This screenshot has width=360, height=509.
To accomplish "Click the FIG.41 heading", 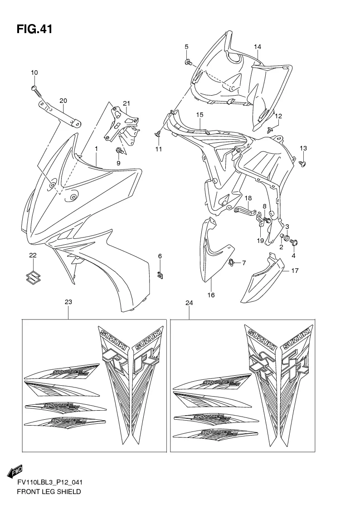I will pyautogui.click(x=34, y=29).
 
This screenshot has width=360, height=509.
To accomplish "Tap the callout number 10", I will pyautogui.click(x=34, y=73).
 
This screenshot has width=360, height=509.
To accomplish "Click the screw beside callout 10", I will pyautogui.click(x=37, y=91).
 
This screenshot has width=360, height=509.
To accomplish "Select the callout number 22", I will pyautogui.click(x=33, y=256).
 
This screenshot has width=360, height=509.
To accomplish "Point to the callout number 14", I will pyautogui.click(x=257, y=47).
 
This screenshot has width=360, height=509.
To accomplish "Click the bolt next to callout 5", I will pyautogui.click(x=188, y=62).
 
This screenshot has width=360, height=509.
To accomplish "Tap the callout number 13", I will pyautogui.click(x=303, y=149).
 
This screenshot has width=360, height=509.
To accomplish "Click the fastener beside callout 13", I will pyautogui.click(x=302, y=162).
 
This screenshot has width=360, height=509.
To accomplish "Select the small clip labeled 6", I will pyautogui.click(x=160, y=274).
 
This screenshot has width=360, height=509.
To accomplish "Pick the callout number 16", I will pyautogui.click(x=211, y=295).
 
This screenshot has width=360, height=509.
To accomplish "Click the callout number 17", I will pyautogui.click(x=295, y=271).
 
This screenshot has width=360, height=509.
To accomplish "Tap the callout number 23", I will pyautogui.click(x=68, y=302).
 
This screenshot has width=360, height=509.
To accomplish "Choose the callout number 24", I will pyautogui.click(x=189, y=303).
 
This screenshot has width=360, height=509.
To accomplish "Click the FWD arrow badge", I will pyautogui.click(x=15, y=471).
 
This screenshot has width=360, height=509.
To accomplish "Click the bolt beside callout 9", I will pyautogui.click(x=119, y=150).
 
